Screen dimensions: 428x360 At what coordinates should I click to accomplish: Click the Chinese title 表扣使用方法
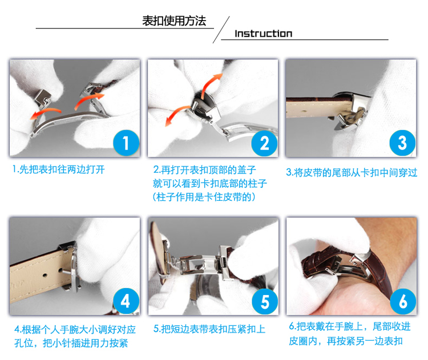click(x=174, y=21)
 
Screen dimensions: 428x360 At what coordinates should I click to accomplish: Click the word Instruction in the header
click(x=264, y=34)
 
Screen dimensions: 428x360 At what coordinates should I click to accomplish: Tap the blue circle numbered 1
click(x=126, y=143)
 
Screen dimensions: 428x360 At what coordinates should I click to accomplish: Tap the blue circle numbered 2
click(x=264, y=143)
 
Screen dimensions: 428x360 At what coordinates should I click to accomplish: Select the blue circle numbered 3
click(x=402, y=143)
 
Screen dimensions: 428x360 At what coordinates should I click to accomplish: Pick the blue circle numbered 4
click(x=126, y=301)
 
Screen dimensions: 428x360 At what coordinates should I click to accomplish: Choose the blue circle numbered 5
click(x=264, y=301)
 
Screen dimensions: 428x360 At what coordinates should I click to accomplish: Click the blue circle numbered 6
click(x=403, y=301)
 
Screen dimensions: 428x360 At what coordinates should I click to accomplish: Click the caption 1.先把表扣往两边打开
click(x=59, y=169)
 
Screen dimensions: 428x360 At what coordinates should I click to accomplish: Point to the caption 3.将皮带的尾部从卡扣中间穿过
click(x=352, y=172)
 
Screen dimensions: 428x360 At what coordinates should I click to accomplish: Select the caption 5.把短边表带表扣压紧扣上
click(x=209, y=329)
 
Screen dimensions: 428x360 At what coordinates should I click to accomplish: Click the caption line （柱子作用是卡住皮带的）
click(x=204, y=197)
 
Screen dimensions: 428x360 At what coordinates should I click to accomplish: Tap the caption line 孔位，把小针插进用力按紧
click(x=71, y=343)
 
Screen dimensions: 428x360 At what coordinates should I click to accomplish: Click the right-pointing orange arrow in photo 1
click(x=88, y=101)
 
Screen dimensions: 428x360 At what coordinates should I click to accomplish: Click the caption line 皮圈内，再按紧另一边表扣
click(x=346, y=341)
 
